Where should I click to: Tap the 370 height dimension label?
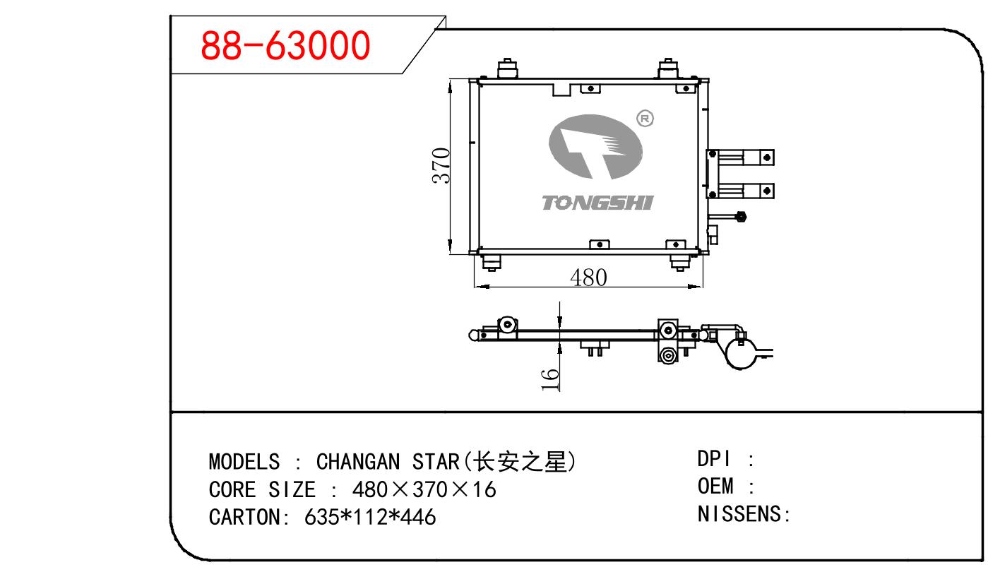(x=441, y=166)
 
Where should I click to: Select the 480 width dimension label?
(x=588, y=278)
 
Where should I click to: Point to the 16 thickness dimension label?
(x=551, y=379)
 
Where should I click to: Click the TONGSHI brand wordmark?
(x=597, y=203)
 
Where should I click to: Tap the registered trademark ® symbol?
(x=645, y=119)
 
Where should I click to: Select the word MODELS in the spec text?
(x=244, y=463)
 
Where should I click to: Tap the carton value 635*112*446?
(x=370, y=517)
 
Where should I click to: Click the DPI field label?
(x=713, y=460)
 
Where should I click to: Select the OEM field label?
(x=715, y=487)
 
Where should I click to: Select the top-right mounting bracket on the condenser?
(x=668, y=68)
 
